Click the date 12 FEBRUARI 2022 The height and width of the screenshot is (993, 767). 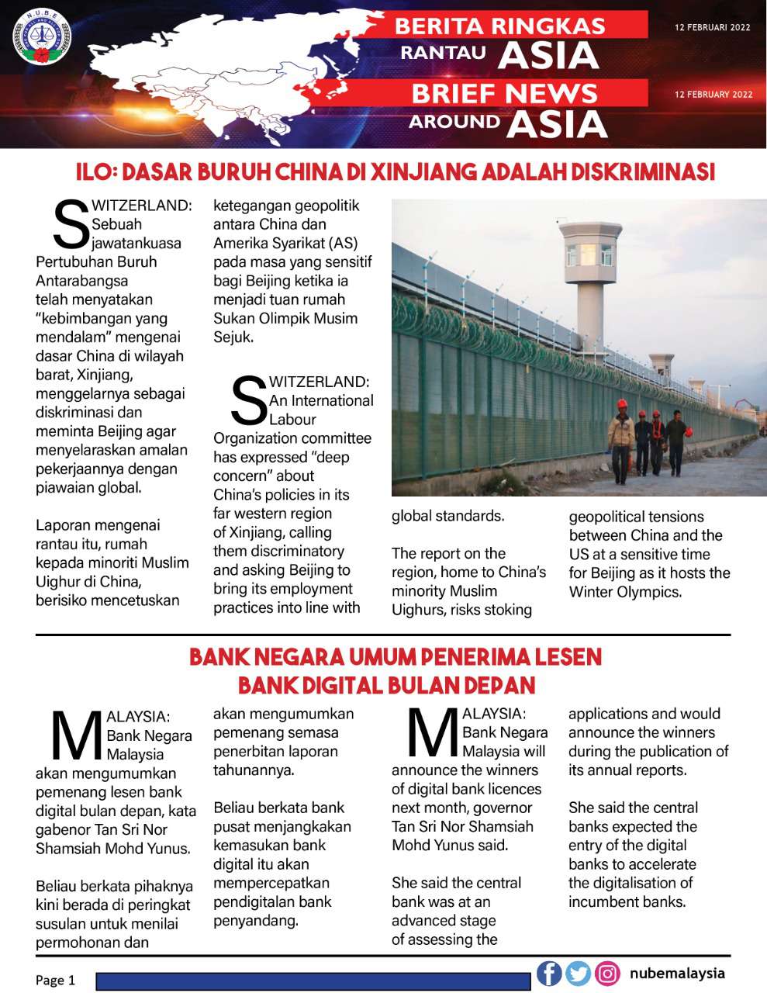click(x=713, y=27)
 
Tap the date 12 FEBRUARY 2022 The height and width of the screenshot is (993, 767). click(x=713, y=95)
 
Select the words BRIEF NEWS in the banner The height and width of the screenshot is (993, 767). click(x=504, y=94)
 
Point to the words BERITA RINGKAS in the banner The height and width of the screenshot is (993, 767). click(x=499, y=26)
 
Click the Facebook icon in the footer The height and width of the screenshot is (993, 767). click(x=549, y=973)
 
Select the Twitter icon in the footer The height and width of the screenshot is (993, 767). click(x=578, y=973)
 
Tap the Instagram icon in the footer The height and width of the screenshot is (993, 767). click(x=607, y=973)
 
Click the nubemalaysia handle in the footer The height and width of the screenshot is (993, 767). click(x=677, y=973)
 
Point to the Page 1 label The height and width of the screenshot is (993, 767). click(x=55, y=980)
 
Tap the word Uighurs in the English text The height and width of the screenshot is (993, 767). click(x=420, y=610)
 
